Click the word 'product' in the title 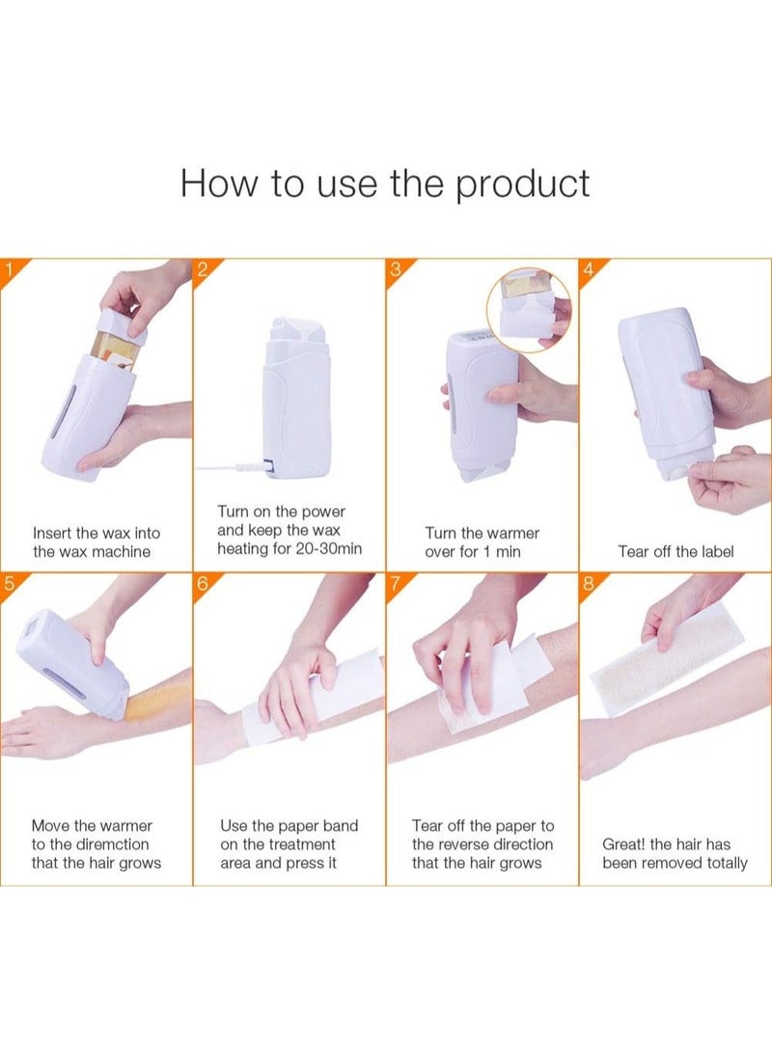522,183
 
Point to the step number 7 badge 395,583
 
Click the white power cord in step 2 228,468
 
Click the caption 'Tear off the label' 675,552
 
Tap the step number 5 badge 9,583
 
